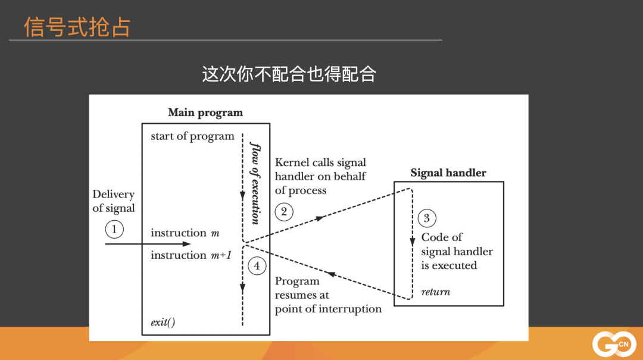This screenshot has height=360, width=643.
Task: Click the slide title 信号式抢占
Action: click(77, 27)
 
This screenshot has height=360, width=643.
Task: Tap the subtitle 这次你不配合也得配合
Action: click(289, 74)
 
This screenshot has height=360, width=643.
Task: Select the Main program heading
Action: click(205, 112)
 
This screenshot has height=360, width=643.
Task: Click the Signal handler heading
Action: click(448, 173)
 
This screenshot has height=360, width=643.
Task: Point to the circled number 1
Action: click(114, 228)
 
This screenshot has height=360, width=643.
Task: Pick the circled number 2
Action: click(284, 211)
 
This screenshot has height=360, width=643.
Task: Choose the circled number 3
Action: click(426, 218)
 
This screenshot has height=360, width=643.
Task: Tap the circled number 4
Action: click(257, 266)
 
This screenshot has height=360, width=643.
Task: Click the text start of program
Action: click(192, 136)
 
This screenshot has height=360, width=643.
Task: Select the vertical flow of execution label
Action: click(255, 183)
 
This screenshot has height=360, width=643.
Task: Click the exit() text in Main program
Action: click(163, 324)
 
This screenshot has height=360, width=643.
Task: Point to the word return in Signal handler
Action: click(435, 292)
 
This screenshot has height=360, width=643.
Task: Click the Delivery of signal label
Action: click(114, 201)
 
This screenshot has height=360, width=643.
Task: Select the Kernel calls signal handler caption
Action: click(320, 176)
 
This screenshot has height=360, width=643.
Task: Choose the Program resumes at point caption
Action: click(328, 295)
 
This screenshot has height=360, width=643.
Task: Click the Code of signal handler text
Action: click(457, 251)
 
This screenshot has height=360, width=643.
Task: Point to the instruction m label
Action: click(185, 233)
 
